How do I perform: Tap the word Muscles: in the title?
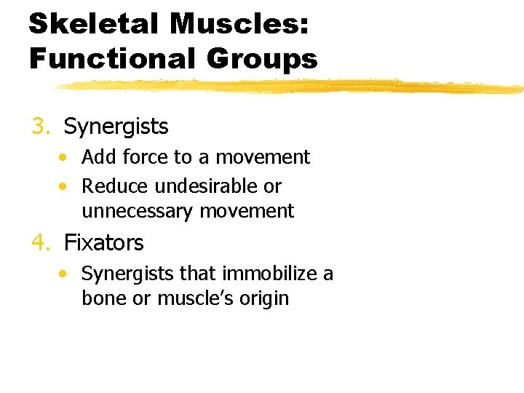239,24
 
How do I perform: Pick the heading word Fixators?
104,242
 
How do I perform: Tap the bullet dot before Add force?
65,157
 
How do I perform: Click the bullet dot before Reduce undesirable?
65,186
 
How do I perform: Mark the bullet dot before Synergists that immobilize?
65,274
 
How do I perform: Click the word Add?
95,157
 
